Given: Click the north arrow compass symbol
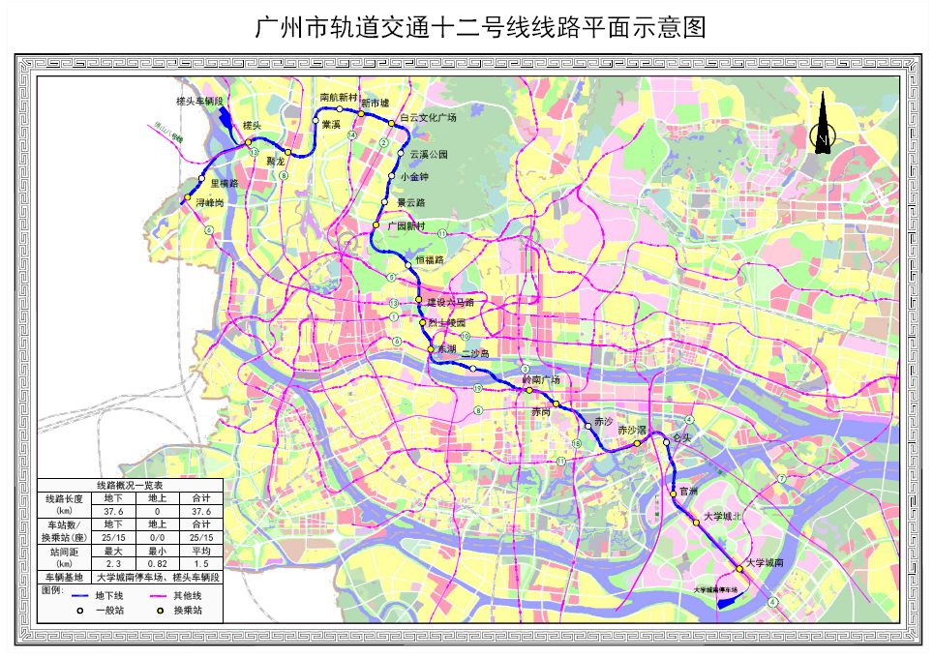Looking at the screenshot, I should pos(821,124).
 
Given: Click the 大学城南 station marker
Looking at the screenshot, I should pos(738,567).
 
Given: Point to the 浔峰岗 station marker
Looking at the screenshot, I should pos(187,198).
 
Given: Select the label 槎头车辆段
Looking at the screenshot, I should pos(199,101).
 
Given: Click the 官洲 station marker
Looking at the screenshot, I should pos(674,494).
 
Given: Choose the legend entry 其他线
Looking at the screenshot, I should pos(186,596).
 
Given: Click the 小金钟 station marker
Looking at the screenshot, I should pos(391,176).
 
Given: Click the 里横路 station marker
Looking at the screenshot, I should pos(201,180).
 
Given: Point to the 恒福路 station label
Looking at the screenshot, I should pos(429,260).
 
